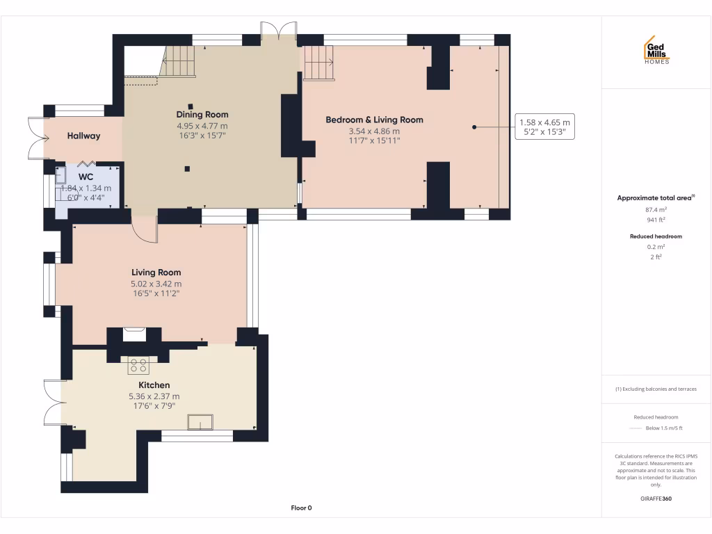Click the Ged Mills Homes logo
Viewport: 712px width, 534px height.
coord(656,50)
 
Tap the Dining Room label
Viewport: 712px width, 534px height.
coord(202,115)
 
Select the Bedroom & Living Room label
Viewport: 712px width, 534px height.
coord(374,120)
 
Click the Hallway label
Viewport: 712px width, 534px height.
coord(83,136)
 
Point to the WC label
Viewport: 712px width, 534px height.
coord(86,177)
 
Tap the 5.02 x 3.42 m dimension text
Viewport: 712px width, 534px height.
coord(156,284)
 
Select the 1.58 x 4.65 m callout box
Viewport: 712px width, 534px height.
coord(544,127)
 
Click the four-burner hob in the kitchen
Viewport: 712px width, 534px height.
coord(138,365)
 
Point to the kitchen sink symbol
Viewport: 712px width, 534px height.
coord(201,422)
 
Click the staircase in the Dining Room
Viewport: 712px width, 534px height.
coord(179,61)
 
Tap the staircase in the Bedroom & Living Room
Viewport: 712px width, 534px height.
coord(318,63)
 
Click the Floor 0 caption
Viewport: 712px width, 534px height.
coord(301,508)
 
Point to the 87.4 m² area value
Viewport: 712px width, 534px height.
coord(656,209)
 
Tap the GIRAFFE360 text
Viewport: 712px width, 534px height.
coord(656,499)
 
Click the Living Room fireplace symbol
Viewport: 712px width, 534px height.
coord(134,334)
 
